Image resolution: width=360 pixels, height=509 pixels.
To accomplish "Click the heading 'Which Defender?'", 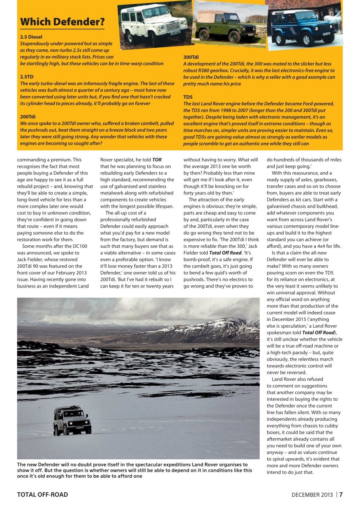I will point(62,21).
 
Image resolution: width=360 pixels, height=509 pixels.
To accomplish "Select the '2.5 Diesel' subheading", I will point(31,37).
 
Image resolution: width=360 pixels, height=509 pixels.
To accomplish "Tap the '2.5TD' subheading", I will point(27,76).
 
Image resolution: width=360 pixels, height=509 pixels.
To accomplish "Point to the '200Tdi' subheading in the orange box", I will point(28,117).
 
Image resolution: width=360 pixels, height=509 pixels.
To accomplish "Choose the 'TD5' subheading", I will point(188,97).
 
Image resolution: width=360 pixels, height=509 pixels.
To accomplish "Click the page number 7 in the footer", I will point(341,495).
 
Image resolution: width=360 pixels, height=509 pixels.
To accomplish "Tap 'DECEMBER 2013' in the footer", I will point(312,495).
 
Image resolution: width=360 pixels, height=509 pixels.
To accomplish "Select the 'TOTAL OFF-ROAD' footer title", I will point(42,495).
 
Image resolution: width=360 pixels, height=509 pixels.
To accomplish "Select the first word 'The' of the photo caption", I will point(22,464).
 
